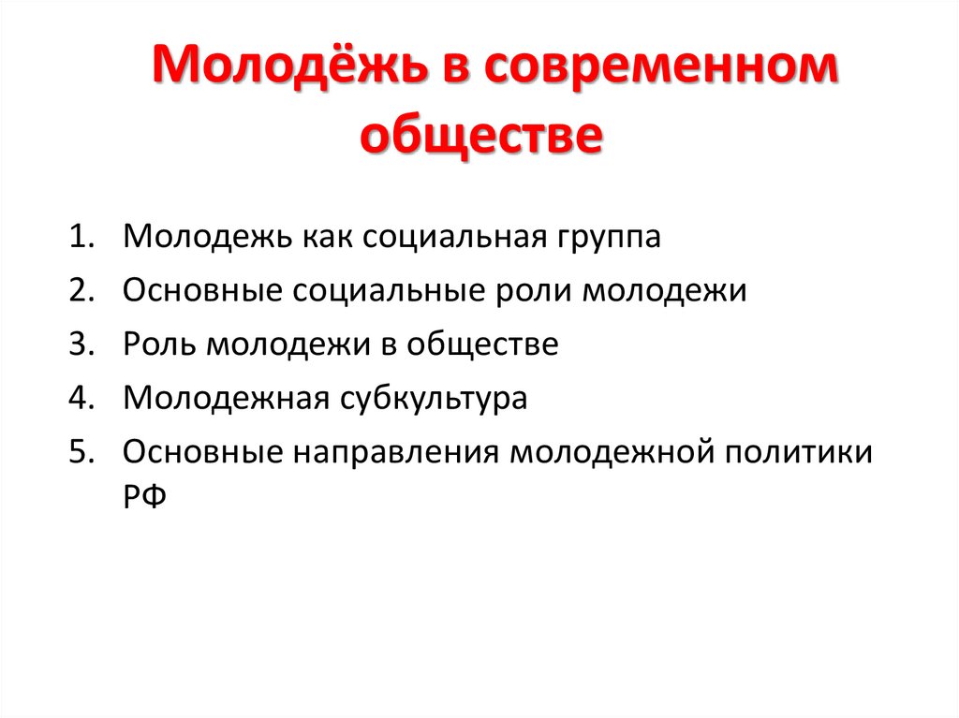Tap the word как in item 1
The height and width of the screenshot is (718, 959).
[326, 236]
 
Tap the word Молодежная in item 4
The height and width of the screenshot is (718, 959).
[224, 399]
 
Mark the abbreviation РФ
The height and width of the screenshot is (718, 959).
[143, 498]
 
